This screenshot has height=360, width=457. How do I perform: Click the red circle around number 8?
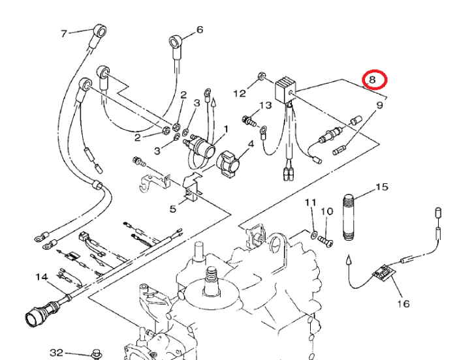375,80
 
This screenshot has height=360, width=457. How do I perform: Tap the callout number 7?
64,33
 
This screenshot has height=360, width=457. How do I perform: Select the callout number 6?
200,29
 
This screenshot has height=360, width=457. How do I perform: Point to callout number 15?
381,187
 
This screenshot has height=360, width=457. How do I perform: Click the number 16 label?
403,304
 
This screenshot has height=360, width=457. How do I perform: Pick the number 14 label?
42,277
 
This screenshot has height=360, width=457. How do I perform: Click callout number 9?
380,104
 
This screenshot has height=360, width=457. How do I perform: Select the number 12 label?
240,93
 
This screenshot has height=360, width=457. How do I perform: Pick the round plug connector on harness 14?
37,319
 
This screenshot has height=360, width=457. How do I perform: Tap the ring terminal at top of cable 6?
175,41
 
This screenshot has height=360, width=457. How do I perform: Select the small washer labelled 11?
313,234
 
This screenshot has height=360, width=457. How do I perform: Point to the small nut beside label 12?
262,77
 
